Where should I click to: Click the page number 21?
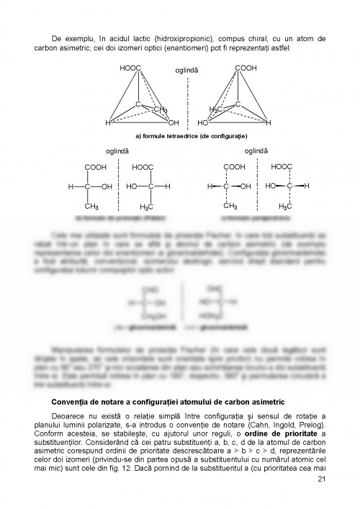(x=321, y=479)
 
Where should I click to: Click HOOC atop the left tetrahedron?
(x=130, y=68)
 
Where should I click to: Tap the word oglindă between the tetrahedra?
(x=188, y=71)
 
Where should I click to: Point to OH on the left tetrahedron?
(x=173, y=122)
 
